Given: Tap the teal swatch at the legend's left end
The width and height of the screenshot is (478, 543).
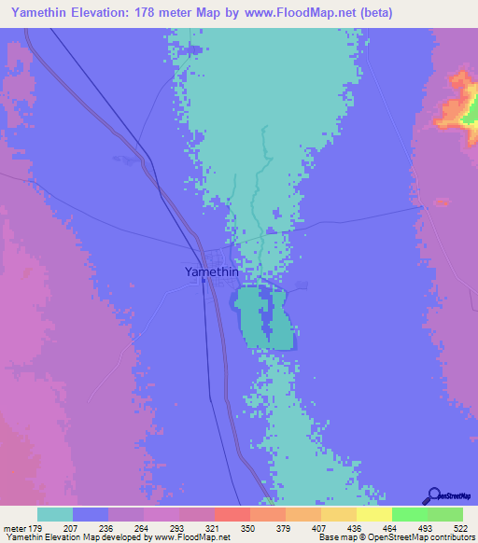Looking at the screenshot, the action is click(x=55, y=514).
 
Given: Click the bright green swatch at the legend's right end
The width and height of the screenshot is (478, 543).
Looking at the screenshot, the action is click(x=445, y=514).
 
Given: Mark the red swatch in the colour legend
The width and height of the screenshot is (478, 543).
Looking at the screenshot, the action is click(x=232, y=514).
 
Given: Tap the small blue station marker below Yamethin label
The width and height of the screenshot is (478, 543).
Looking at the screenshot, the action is click(x=204, y=284).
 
